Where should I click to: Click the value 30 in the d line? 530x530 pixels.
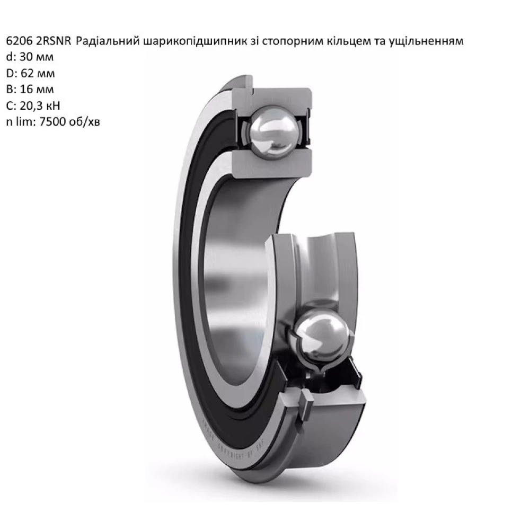21,57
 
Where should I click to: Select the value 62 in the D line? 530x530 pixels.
22,73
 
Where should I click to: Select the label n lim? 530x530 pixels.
16,121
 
